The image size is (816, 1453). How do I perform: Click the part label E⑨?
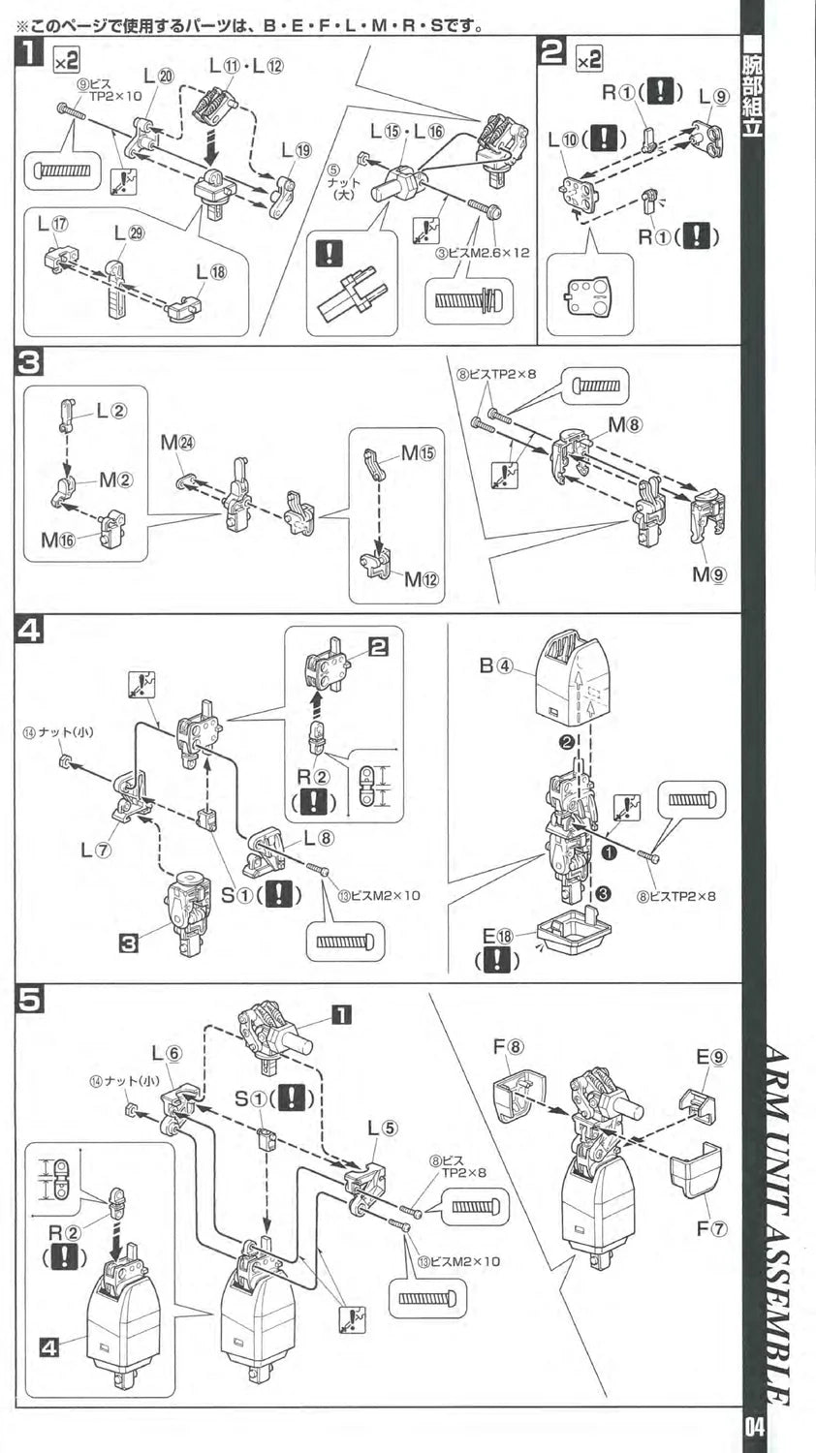coord(709,1057)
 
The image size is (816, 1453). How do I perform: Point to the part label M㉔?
coord(177,443)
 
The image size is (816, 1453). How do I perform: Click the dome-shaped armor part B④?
coord(574,668)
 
